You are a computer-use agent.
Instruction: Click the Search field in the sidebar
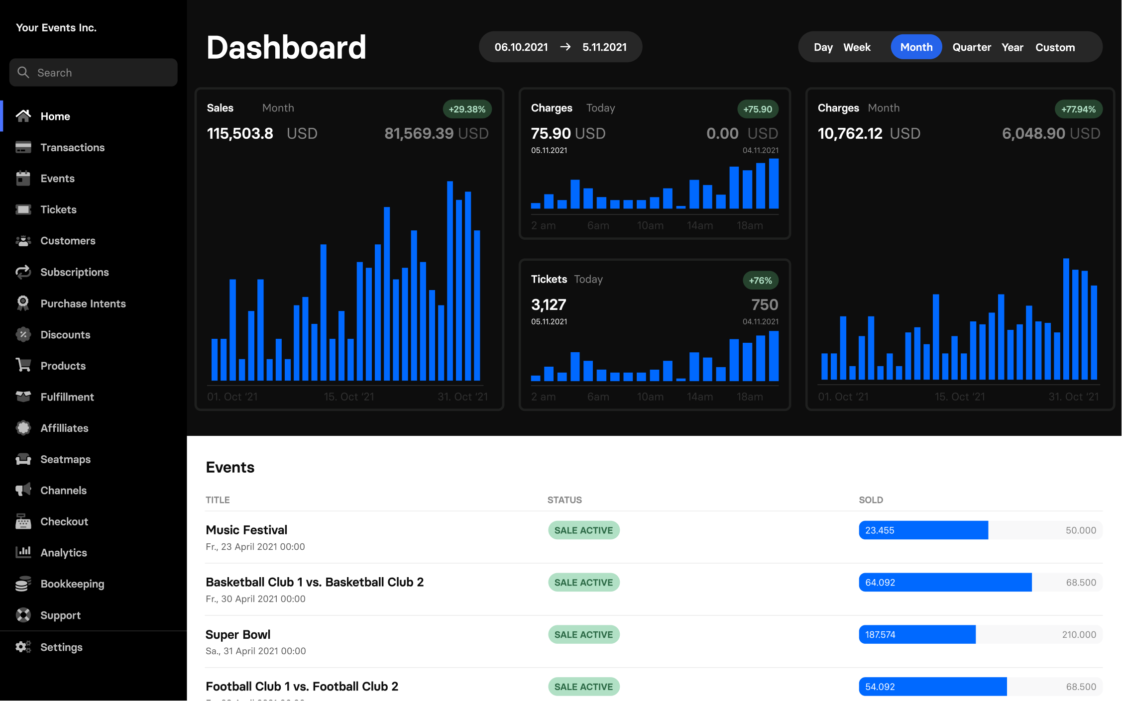coord(94,73)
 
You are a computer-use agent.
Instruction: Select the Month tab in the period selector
coord(916,47)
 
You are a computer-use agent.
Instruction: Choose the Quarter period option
coord(971,47)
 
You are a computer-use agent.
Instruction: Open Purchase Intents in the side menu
coord(83,303)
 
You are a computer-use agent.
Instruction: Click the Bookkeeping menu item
coord(72,584)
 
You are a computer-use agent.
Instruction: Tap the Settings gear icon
coord(23,647)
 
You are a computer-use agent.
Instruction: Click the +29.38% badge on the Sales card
coord(466,109)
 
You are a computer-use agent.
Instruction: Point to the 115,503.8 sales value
coord(240,133)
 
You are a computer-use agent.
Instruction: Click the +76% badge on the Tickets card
coord(760,280)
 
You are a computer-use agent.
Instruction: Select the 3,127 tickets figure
coord(549,304)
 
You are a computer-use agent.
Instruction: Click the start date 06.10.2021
coord(521,47)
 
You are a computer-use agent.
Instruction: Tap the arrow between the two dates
coord(565,47)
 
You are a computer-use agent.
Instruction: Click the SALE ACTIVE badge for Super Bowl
coord(583,634)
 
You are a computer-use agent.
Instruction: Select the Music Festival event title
coord(246,530)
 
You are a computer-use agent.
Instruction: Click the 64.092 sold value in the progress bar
coord(880,582)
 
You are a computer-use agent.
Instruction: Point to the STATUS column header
coord(564,500)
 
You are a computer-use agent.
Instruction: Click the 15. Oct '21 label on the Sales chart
coord(348,397)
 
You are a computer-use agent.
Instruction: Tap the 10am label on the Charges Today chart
coord(650,225)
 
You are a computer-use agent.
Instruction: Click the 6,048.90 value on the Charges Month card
coord(1033,133)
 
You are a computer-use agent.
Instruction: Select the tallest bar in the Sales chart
coord(450,281)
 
